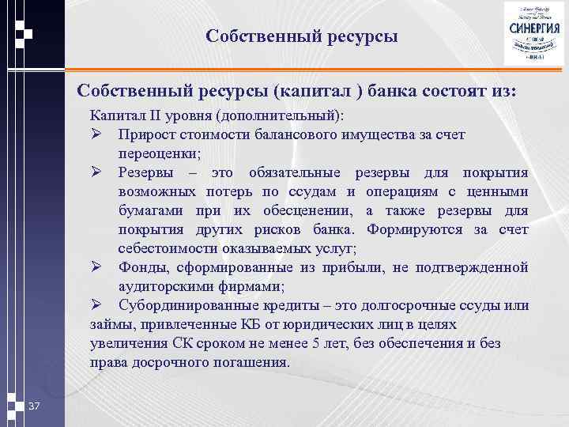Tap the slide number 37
point(33,406)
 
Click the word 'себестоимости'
point(163,249)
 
